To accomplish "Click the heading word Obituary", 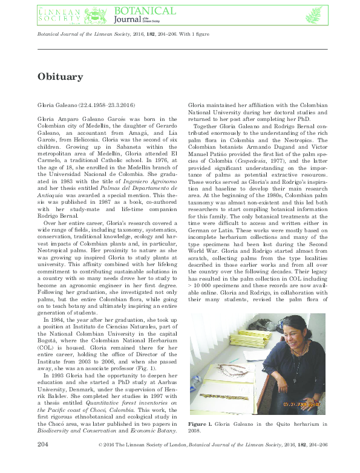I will tap(60, 77).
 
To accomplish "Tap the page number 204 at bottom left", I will tap(43, 462).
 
